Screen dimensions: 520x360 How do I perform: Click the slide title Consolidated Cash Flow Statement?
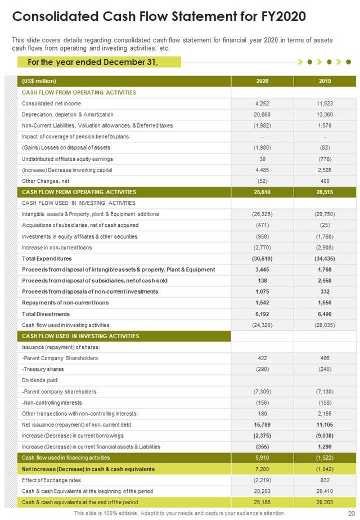click(159, 16)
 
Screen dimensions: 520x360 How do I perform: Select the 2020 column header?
click(262, 81)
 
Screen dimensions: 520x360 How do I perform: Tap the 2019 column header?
click(325, 81)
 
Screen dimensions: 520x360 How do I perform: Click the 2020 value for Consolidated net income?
click(262, 104)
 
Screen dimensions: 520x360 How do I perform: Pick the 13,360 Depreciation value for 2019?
click(325, 114)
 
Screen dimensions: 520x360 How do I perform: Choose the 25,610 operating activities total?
click(262, 192)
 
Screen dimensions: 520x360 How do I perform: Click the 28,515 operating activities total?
click(325, 192)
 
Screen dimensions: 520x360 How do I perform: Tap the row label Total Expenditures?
click(47, 258)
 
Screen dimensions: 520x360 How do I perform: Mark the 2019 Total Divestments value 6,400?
click(325, 314)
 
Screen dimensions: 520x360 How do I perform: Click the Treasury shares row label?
click(43, 369)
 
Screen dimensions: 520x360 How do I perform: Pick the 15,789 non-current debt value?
click(262, 425)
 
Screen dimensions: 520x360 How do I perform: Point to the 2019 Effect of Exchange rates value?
click(325, 480)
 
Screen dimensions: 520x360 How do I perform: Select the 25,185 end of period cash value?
click(262, 502)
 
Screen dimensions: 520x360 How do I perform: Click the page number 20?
click(350, 513)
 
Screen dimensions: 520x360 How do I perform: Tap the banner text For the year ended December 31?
click(93, 62)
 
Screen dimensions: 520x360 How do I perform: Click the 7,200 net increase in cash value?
click(262, 469)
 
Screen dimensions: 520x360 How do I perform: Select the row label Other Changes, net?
click(46, 181)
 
